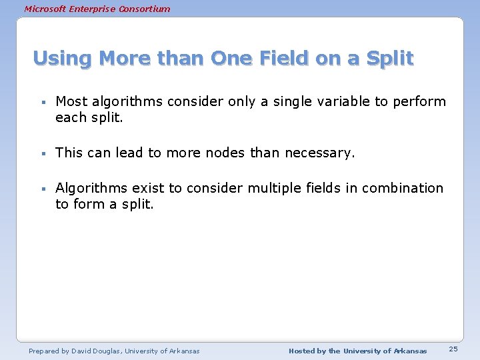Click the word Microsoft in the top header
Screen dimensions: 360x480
[45, 9]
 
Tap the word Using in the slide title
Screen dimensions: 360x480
[61, 59]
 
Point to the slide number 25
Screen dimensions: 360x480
[453, 349]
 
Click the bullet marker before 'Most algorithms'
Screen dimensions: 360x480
[41, 103]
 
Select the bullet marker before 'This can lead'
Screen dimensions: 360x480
[41, 154]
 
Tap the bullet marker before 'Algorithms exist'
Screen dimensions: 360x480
[41, 189]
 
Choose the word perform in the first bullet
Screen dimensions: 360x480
[419, 102]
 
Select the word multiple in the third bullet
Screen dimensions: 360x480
[273, 189]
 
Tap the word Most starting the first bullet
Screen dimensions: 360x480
[70, 101]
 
